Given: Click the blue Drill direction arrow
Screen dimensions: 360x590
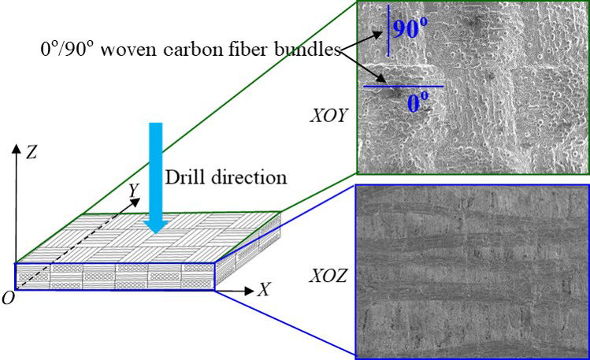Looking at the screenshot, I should (157, 173).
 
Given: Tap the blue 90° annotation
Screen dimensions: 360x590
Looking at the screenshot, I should (410, 31).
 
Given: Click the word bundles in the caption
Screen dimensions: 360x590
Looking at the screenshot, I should (311, 50).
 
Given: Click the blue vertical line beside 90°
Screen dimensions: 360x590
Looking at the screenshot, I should (388, 32).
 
